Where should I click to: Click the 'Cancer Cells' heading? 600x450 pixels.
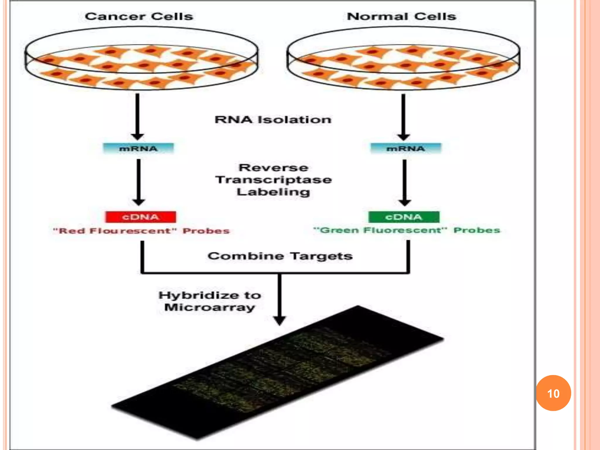139,16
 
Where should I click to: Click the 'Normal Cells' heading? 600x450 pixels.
401,16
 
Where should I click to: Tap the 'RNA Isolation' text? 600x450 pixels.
273,120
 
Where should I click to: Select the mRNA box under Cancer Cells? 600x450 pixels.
138,149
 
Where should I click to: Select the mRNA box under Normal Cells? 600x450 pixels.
405,149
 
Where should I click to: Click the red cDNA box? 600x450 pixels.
141,217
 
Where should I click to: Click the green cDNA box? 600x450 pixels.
404,217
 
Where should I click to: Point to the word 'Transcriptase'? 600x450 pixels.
273,180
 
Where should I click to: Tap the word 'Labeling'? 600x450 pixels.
273,192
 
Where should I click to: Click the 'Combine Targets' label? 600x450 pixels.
280,256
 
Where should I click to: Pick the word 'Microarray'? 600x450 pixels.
209,307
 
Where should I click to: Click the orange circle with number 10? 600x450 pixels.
553,393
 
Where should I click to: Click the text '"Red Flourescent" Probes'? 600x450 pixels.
141,231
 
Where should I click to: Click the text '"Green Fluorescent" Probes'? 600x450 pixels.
407,230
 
